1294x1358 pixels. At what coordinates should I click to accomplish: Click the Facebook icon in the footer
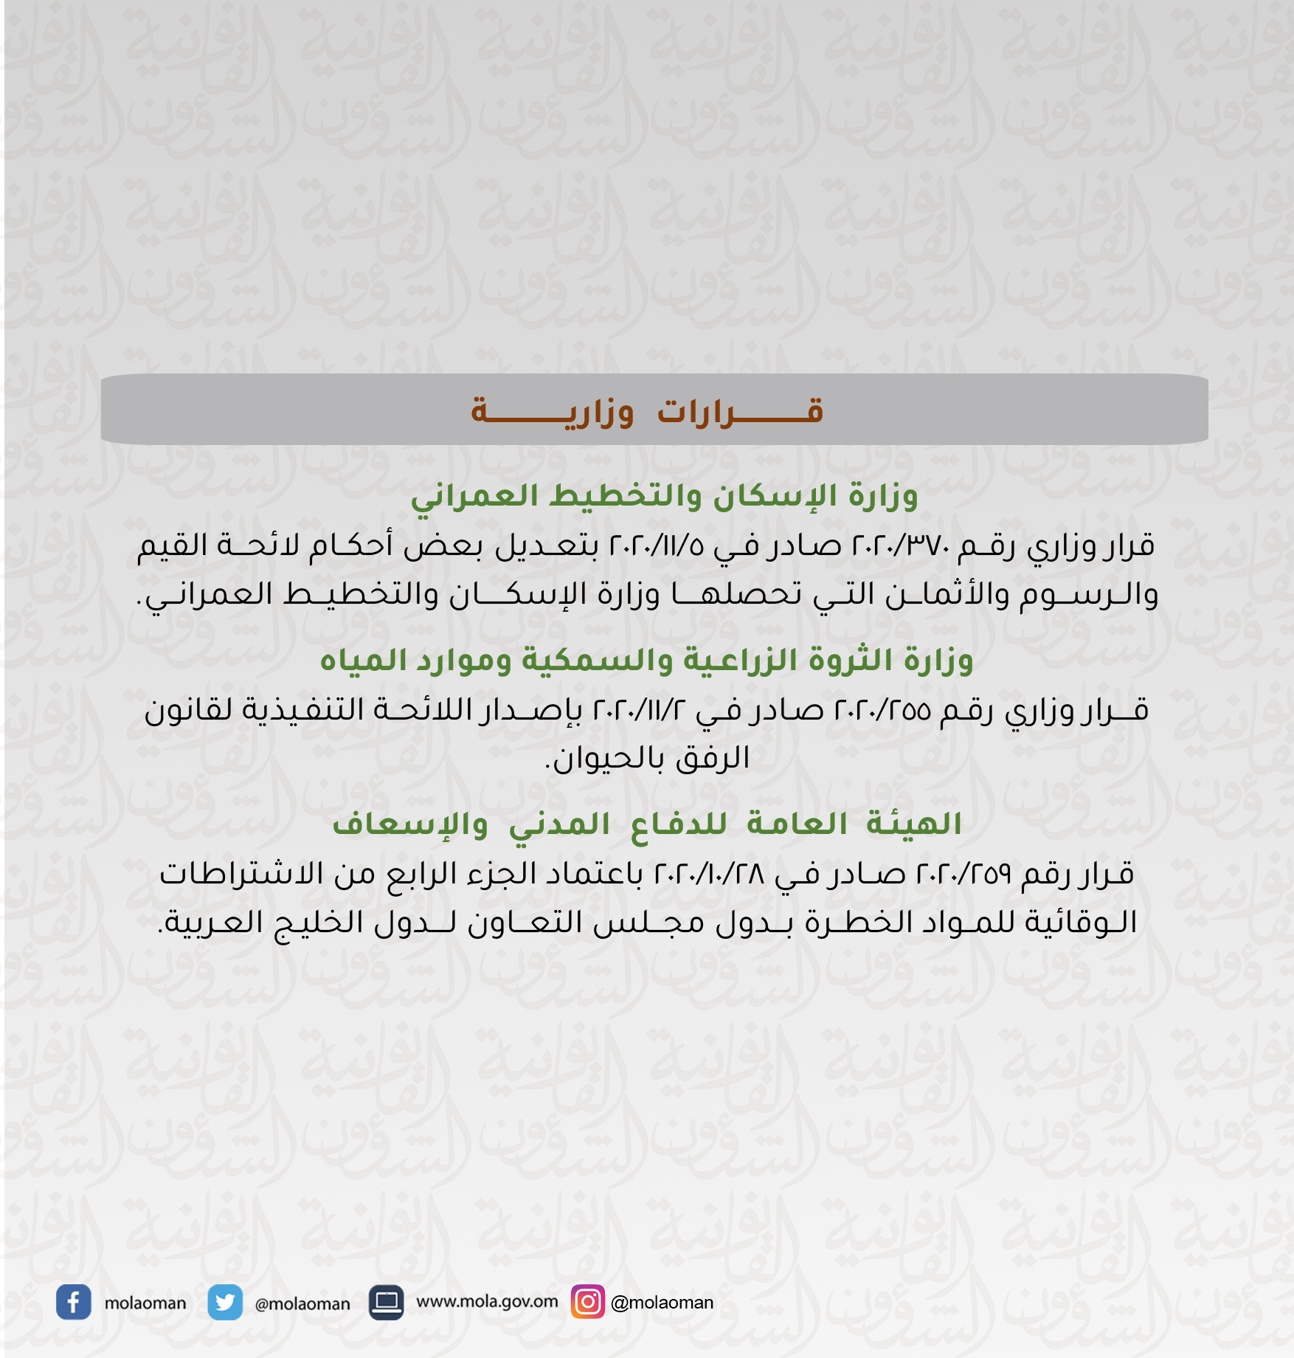[74, 1303]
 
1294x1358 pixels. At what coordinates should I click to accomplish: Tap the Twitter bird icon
[225, 1303]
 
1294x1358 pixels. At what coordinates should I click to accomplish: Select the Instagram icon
[588, 1301]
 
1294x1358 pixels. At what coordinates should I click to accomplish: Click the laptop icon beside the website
[386, 1303]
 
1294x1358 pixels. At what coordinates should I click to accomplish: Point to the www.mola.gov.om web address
[487, 1301]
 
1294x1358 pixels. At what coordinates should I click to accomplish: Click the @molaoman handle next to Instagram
[662, 1303]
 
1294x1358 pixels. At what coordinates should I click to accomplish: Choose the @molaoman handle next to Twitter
[302, 1304]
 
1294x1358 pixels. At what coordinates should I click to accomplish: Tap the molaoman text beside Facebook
[145, 1303]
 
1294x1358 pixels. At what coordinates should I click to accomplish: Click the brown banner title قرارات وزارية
[647, 410]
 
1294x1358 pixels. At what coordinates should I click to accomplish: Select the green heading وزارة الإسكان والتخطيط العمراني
[664, 495]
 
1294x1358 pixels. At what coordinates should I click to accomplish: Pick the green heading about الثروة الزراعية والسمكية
[646, 660]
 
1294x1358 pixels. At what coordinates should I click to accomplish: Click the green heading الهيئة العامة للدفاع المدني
[647, 824]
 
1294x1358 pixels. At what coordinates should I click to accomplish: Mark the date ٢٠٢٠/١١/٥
[657, 546]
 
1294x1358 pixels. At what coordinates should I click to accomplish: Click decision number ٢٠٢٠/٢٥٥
[882, 710]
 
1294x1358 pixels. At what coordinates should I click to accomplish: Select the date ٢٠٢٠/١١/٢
[639, 710]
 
